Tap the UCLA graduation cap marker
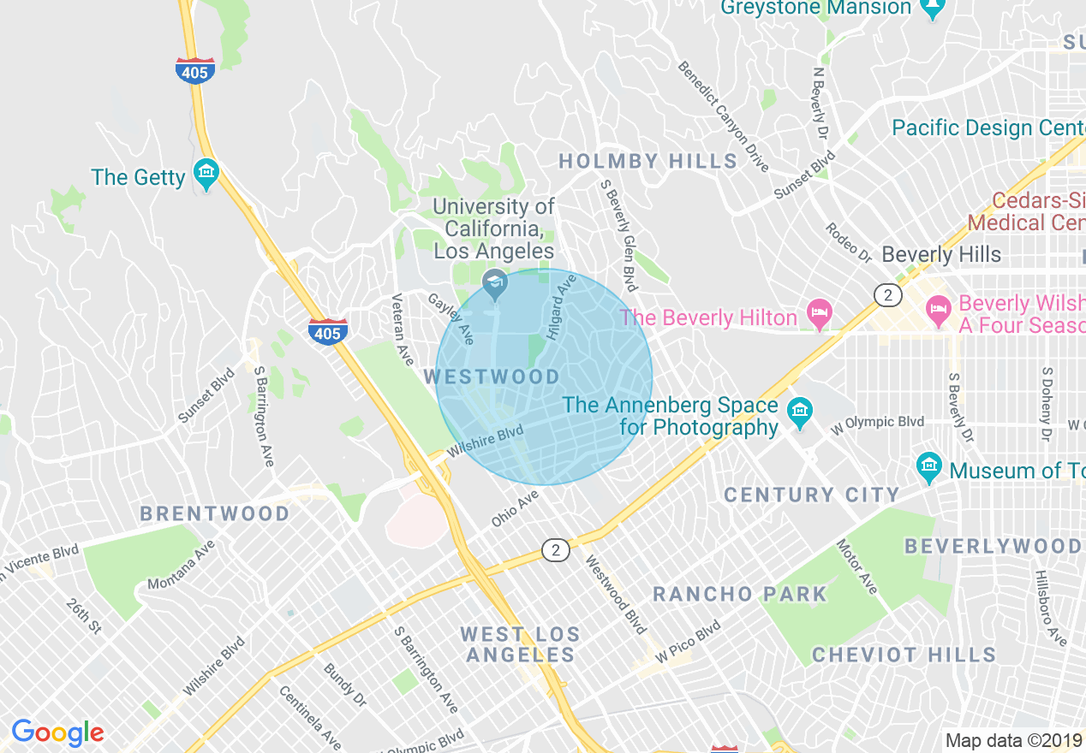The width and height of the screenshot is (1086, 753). tap(494, 283)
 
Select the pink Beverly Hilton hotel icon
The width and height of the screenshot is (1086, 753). tap(820, 312)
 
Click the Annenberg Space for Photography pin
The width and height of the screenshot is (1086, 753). tap(799, 412)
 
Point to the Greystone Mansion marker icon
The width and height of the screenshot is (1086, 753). tap(932, 9)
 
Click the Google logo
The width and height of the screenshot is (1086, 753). tap(57, 732)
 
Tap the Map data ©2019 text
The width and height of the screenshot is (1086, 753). tap(1013, 740)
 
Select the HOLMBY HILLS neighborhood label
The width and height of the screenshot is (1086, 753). tap(647, 161)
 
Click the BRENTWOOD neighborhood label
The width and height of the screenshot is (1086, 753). tap(215, 513)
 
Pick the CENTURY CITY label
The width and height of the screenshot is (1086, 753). tap(811, 495)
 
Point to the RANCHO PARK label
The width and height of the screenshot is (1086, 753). tap(740, 594)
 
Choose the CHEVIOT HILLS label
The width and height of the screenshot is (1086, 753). tap(904, 655)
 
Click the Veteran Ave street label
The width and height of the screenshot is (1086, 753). tap(401, 330)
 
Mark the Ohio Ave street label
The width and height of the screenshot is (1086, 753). tap(515, 508)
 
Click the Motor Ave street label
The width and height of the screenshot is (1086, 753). tap(857, 566)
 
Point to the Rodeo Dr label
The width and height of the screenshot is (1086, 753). tap(848, 242)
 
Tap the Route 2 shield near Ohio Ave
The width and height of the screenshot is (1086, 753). tap(555, 550)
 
